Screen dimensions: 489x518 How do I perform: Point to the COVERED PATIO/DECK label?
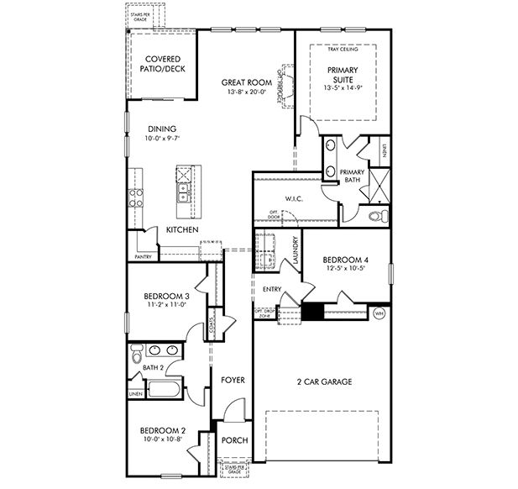(x=161, y=64)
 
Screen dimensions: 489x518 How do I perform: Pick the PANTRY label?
(x=143, y=257)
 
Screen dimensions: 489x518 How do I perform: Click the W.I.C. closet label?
(x=293, y=199)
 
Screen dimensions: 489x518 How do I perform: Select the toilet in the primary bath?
(x=377, y=216)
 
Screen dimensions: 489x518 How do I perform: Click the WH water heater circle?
(x=379, y=313)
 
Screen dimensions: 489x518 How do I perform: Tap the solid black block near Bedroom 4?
(x=312, y=312)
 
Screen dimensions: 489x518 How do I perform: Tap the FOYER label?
(x=233, y=380)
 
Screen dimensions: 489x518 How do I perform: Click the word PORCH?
(x=233, y=441)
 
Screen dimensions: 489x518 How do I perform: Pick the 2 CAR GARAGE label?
(x=322, y=381)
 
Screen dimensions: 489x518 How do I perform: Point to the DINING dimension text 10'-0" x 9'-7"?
(x=162, y=139)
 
